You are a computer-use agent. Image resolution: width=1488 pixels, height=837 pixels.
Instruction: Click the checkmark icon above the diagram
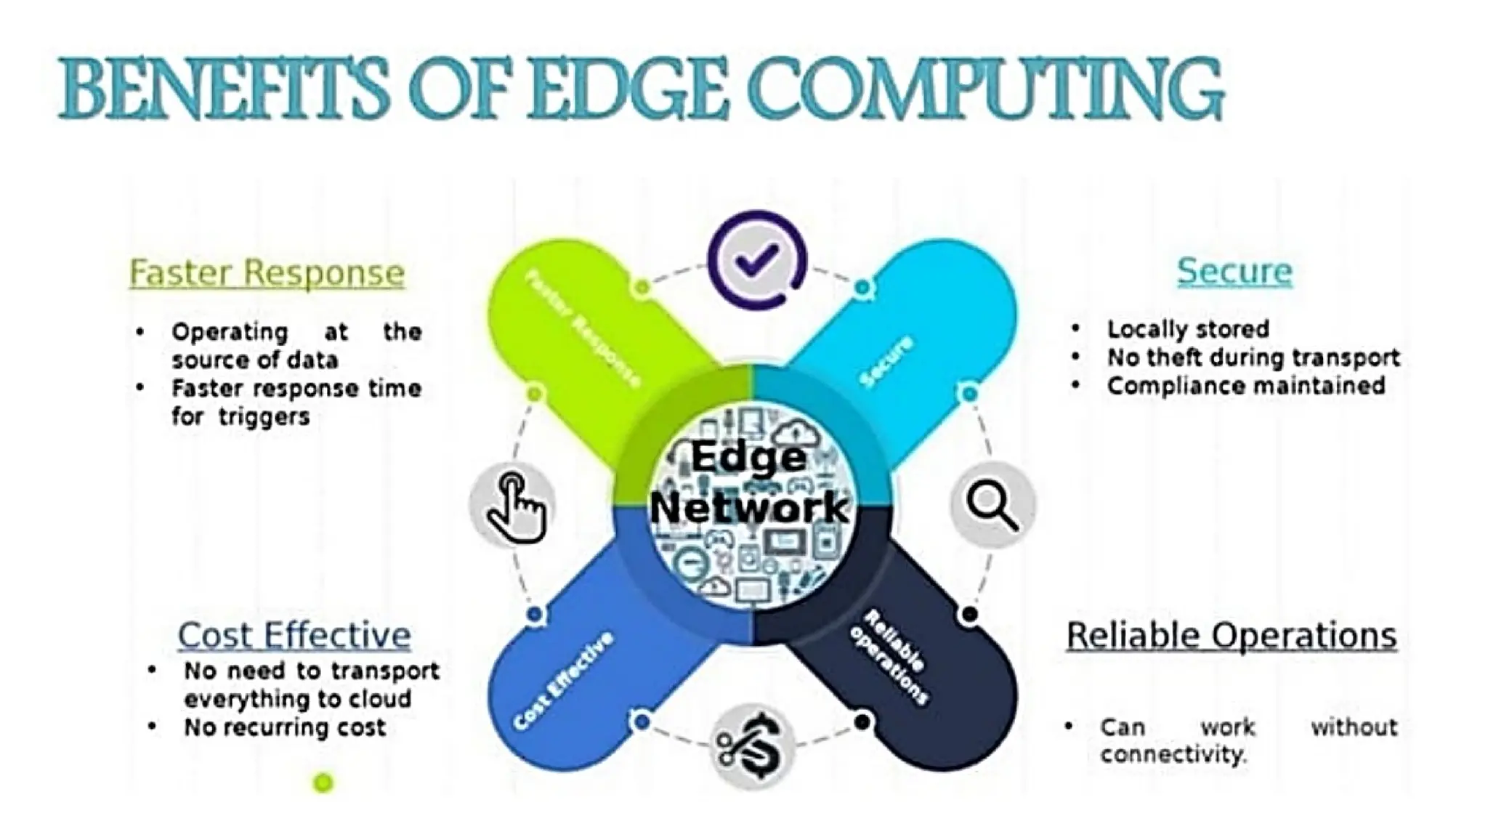(x=756, y=259)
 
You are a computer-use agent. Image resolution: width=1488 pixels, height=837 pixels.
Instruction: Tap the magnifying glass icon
(x=992, y=504)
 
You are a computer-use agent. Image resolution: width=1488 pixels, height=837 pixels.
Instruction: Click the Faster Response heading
(x=267, y=273)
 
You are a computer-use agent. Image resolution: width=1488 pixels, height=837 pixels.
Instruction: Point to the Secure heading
(x=1234, y=271)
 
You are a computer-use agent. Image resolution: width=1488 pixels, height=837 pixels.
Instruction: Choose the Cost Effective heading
(x=294, y=635)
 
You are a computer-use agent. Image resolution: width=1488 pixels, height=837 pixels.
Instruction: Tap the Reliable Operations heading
(x=1232, y=635)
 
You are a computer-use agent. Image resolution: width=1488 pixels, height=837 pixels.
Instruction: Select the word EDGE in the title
(x=627, y=90)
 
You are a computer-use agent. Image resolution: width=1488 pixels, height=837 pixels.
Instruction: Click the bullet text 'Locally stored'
(x=1188, y=329)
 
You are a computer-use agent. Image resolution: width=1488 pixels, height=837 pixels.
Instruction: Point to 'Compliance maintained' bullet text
(x=1246, y=386)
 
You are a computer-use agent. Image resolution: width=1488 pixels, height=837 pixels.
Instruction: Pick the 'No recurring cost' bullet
(x=285, y=727)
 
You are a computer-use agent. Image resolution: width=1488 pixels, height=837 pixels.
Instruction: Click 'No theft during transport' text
(x=1253, y=357)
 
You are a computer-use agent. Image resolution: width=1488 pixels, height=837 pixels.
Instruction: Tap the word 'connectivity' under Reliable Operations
(x=1172, y=754)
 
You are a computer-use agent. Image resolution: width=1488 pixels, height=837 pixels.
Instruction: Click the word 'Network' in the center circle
(x=749, y=506)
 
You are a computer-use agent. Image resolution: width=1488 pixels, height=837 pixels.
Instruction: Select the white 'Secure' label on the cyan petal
(x=886, y=361)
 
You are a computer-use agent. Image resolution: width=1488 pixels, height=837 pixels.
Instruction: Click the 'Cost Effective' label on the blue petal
(x=563, y=680)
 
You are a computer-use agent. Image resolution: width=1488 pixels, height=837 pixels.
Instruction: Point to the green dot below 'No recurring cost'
(x=323, y=783)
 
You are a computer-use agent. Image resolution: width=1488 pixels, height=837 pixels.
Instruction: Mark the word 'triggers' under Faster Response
(x=264, y=417)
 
